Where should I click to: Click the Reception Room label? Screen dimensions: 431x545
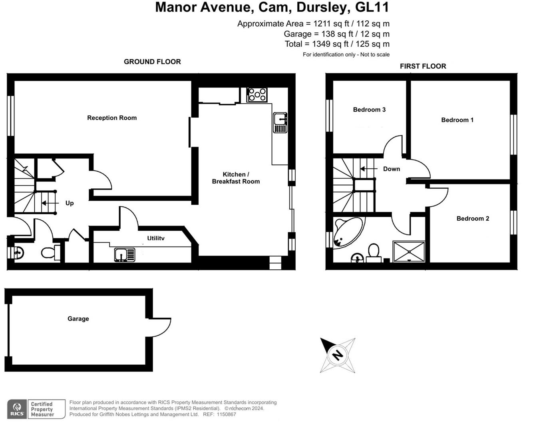click(x=112, y=118)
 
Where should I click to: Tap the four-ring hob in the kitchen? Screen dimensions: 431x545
click(x=257, y=95)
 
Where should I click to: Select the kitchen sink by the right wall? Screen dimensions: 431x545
click(x=280, y=123)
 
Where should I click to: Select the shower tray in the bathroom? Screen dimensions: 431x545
click(x=409, y=251)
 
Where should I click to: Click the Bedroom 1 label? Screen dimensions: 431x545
click(x=457, y=120)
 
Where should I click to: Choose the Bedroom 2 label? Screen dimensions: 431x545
click(x=473, y=218)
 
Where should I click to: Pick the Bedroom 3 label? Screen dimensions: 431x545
click(x=369, y=109)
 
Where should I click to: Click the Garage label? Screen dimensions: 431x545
click(x=78, y=318)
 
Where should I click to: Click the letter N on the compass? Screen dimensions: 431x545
click(x=338, y=355)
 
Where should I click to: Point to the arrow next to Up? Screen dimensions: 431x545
click(x=50, y=203)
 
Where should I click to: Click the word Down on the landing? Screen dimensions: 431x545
click(x=391, y=169)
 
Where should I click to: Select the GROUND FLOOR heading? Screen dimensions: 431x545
click(x=152, y=61)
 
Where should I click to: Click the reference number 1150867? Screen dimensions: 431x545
click(x=226, y=414)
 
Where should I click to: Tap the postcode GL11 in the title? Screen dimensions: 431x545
click(x=372, y=7)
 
